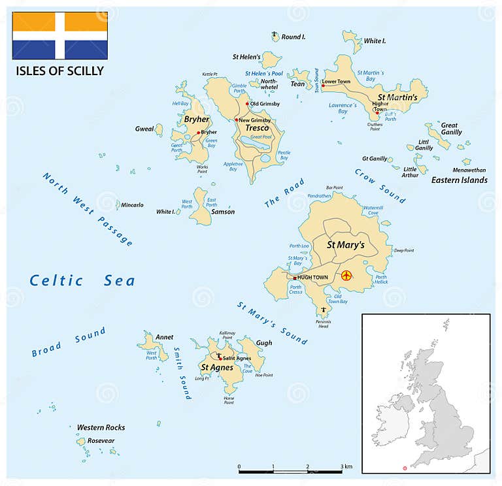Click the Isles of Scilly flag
pos(59,35)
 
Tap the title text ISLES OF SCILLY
pos(59,71)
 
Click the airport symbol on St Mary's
pos(346,276)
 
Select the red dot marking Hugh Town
pos(295,278)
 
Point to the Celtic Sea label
pos(82,281)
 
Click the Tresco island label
pos(257,128)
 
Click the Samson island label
pos(223,212)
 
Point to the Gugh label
pos(263,343)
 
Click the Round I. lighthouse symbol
pos(275,35)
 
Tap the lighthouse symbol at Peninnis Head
pos(322,309)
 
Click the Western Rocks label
pos(101,427)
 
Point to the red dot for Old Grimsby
pos(248,104)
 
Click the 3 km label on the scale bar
pos(346,466)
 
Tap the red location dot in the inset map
pos(405,468)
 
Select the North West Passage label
pos(88,209)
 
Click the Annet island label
pos(165,337)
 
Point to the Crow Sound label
pos(380,186)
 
